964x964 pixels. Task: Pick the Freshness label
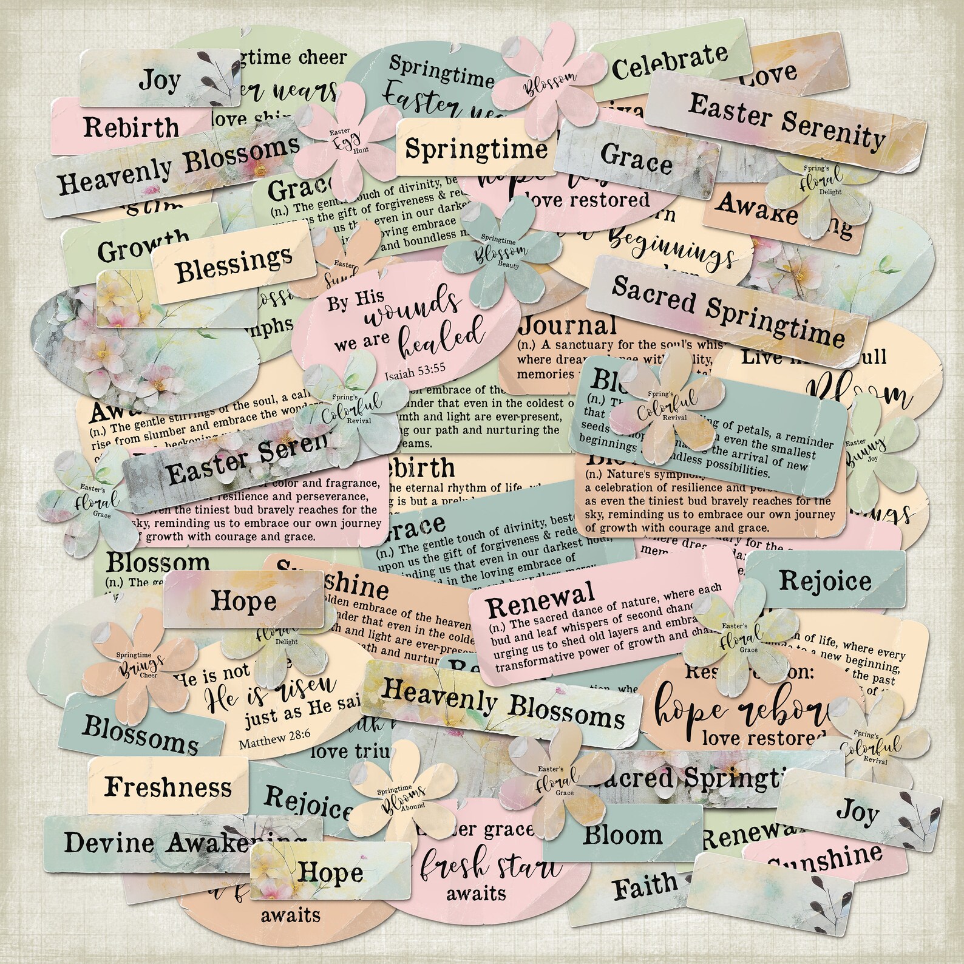pos(168,787)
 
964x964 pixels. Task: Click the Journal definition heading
pos(568,326)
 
